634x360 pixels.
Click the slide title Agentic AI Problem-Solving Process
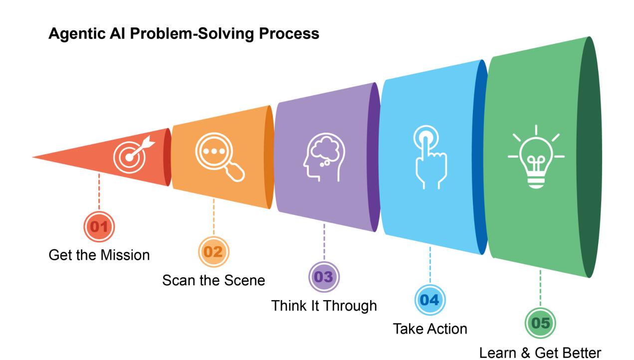click(x=184, y=34)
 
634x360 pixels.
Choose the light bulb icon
click(x=536, y=157)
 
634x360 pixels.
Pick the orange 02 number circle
click(x=214, y=252)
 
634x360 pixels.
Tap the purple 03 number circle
click(x=324, y=277)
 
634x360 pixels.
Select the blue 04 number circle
click(x=430, y=301)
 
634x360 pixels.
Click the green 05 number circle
click(x=541, y=323)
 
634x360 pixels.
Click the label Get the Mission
click(x=99, y=255)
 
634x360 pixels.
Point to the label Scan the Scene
click(x=213, y=280)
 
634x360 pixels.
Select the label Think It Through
click(x=324, y=305)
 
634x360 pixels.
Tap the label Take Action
click(x=430, y=329)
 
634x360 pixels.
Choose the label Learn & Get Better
click(x=541, y=353)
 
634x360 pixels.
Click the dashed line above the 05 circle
click(x=541, y=289)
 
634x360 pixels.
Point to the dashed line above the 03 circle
click(x=324, y=242)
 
